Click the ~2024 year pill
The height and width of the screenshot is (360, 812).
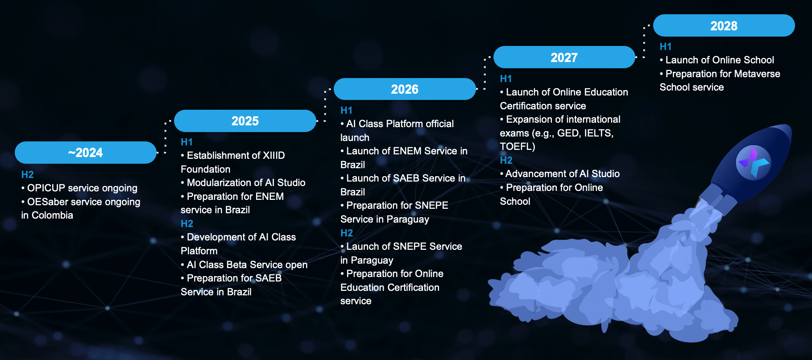(x=86, y=153)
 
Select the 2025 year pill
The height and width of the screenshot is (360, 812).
(x=245, y=121)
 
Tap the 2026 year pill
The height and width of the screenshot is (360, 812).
(x=405, y=89)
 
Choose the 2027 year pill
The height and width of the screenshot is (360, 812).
(x=564, y=58)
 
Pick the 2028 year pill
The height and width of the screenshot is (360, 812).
(x=724, y=26)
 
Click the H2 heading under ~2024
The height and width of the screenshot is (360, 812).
(x=28, y=174)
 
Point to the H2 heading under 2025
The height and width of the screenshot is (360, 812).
(x=187, y=223)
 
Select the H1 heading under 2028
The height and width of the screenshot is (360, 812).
(x=666, y=46)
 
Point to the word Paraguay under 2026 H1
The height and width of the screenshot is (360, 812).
(x=408, y=219)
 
